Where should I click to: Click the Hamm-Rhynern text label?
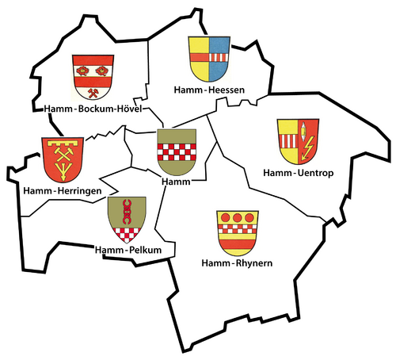pos(238,263)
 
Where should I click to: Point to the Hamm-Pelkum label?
pos(128,251)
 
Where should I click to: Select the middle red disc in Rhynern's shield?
pos(237,218)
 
